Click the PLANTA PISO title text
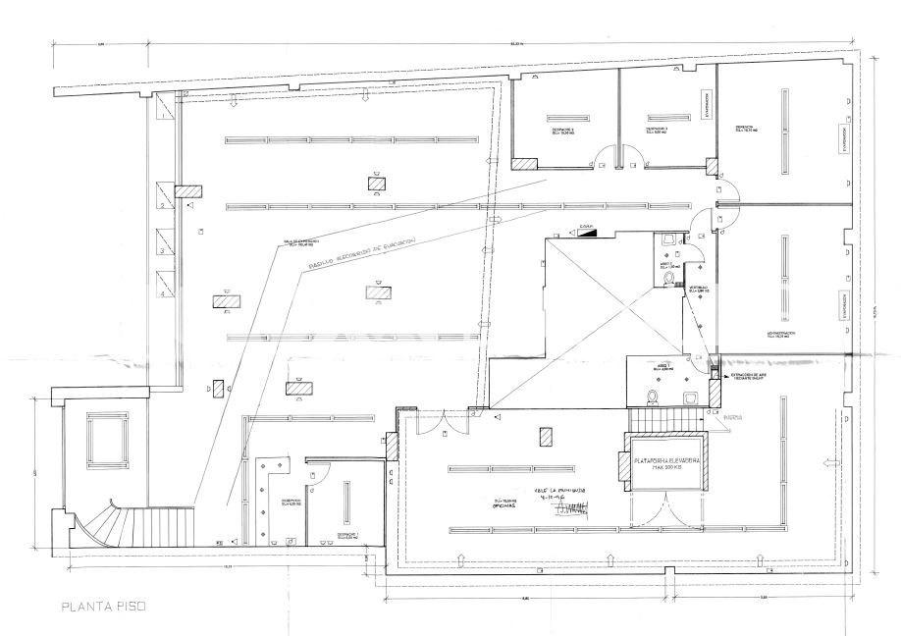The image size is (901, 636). click(103, 606)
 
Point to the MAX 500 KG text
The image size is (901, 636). click(666, 469)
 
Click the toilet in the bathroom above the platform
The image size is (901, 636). click(651, 395)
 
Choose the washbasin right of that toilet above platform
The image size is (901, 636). click(691, 396)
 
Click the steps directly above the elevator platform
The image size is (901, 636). click(666, 419)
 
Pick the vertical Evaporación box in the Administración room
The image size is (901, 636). click(841, 305)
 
